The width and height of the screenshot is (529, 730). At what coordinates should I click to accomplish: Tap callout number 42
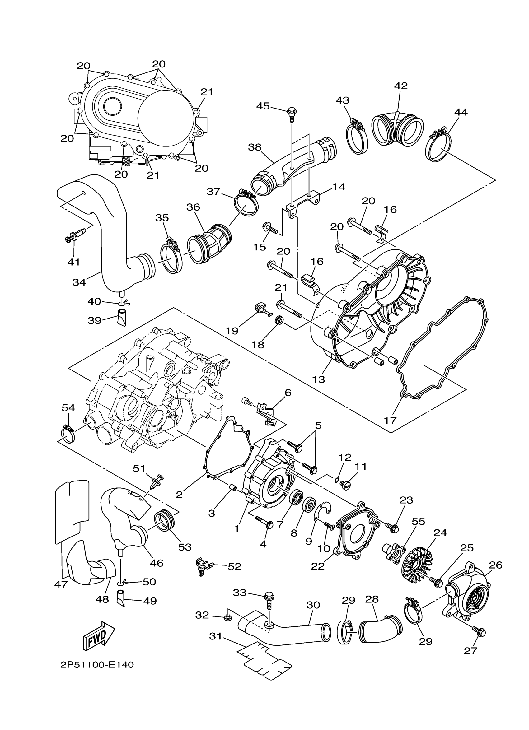click(x=400, y=86)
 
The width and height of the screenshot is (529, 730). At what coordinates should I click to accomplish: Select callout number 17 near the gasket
click(x=390, y=420)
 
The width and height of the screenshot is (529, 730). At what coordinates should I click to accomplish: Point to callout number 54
click(x=68, y=408)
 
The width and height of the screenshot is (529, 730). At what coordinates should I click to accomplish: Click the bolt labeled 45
click(x=291, y=113)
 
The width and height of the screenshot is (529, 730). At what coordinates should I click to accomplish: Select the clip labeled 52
click(x=203, y=565)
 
